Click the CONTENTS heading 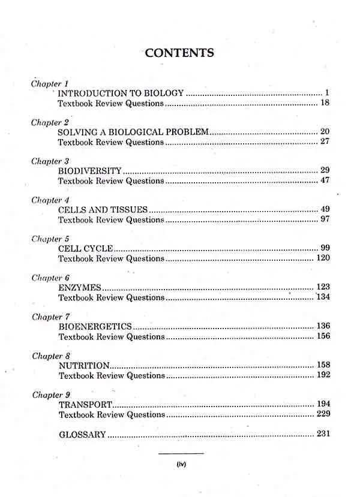[179, 53]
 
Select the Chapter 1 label [50, 83]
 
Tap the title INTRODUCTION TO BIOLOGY [120, 94]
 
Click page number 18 [325, 104]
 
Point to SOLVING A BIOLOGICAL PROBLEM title [133, 132]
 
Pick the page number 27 [325, 142]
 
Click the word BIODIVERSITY [90, 171]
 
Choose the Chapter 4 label [50, 200]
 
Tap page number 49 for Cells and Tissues [325, 209]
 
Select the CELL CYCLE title [85, 248]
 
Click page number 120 [323, 258]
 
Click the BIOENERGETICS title [95, 326]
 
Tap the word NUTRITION [84, 365]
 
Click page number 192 [323, 375]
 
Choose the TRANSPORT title [85, 404]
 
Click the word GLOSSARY [82, 434]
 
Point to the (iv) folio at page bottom [181, 463]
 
